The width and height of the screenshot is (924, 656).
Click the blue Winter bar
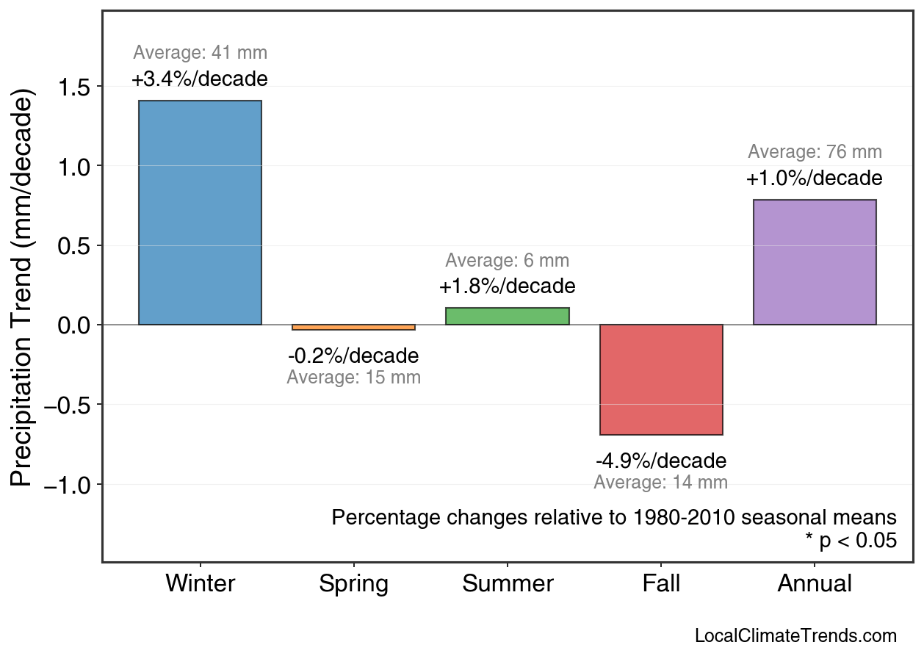[200, 212]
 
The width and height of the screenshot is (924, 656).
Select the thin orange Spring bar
[353, 328]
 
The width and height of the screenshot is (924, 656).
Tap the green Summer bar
[508, 316]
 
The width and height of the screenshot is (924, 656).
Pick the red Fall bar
[661, 380]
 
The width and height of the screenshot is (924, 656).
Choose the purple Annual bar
[815, 262]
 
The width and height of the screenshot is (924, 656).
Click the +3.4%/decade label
[200, 79]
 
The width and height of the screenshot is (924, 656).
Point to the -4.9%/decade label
[661, 461]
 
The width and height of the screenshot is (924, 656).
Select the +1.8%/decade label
[508, 286]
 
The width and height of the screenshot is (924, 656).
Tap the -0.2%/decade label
[353, 356]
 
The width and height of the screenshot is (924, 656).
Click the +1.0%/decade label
[815, 179]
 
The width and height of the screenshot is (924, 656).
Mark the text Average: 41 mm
[200, 53]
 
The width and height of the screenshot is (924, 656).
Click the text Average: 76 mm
[815, 152]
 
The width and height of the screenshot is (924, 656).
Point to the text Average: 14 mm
[661, 483]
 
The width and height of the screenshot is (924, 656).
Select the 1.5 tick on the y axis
[73, 87]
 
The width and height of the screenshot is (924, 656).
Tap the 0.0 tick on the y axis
[73, 325]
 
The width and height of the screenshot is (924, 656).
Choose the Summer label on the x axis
[508, 584]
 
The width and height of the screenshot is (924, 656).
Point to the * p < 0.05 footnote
[851, 541]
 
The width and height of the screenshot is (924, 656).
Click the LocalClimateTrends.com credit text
[795, 636]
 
